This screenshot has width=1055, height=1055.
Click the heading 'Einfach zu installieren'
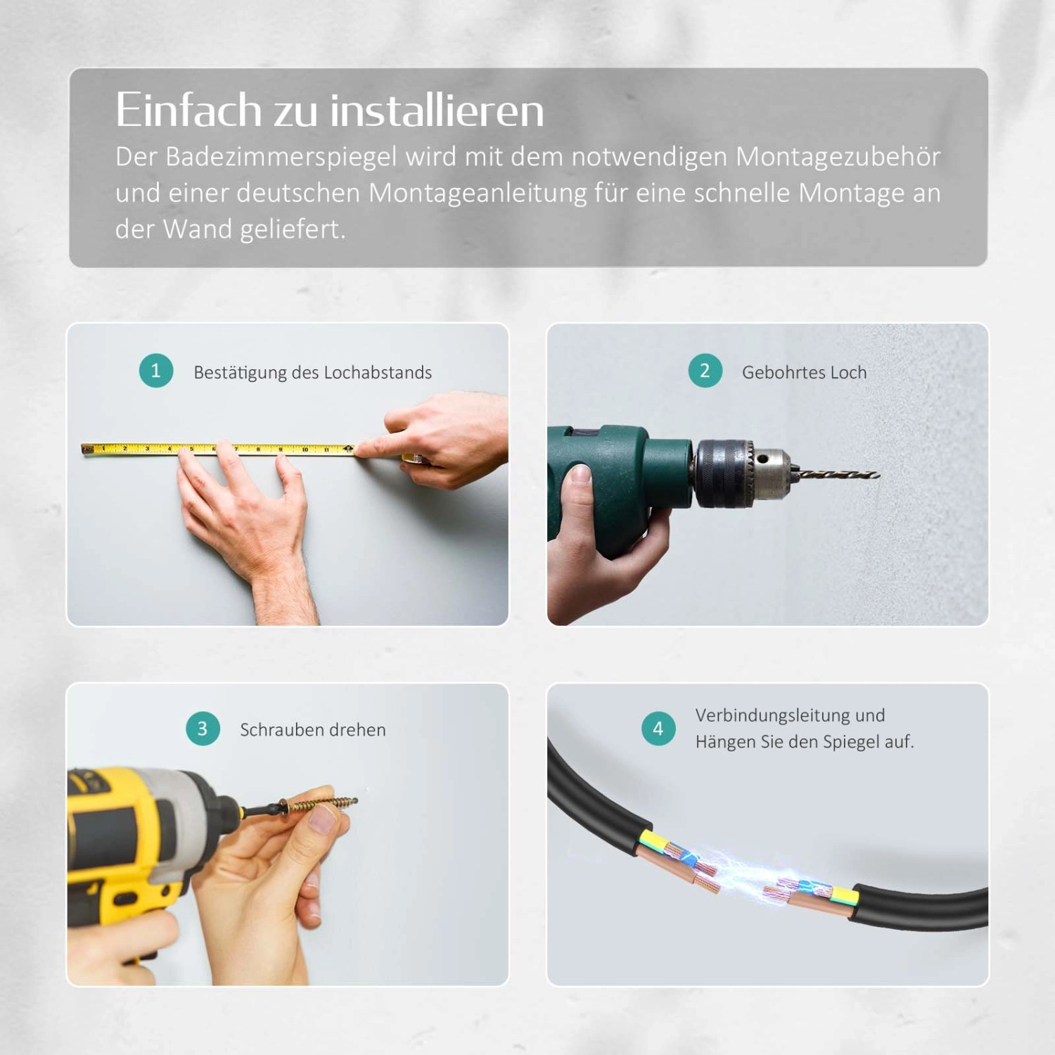329,110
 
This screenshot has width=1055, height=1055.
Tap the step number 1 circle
155,371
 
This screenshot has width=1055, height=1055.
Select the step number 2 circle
705,371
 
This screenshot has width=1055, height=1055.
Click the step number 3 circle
203,729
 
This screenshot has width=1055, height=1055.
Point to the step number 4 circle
658,729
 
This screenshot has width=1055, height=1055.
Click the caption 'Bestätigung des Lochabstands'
312,373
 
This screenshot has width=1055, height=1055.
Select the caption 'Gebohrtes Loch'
804,373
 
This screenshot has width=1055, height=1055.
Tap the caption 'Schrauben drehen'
312,730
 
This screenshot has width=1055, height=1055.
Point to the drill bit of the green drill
837,475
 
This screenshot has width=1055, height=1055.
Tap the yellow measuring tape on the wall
218,448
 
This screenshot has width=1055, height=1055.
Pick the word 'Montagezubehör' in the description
838,157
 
